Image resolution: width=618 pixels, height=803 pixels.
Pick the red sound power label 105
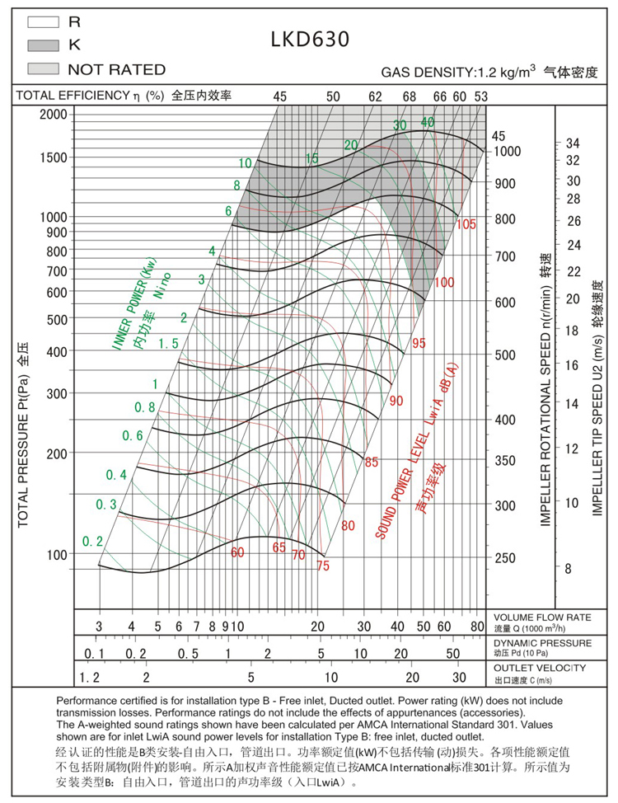pos(466,224)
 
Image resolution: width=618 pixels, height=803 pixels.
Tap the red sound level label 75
pos(322,566)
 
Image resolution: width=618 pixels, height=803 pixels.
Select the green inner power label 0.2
pos(92,542)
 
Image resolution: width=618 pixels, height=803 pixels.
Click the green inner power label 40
pos(428,123)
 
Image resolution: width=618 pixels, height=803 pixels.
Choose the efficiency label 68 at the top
pos(410,96)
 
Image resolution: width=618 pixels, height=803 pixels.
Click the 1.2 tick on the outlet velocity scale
pos(88,677)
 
